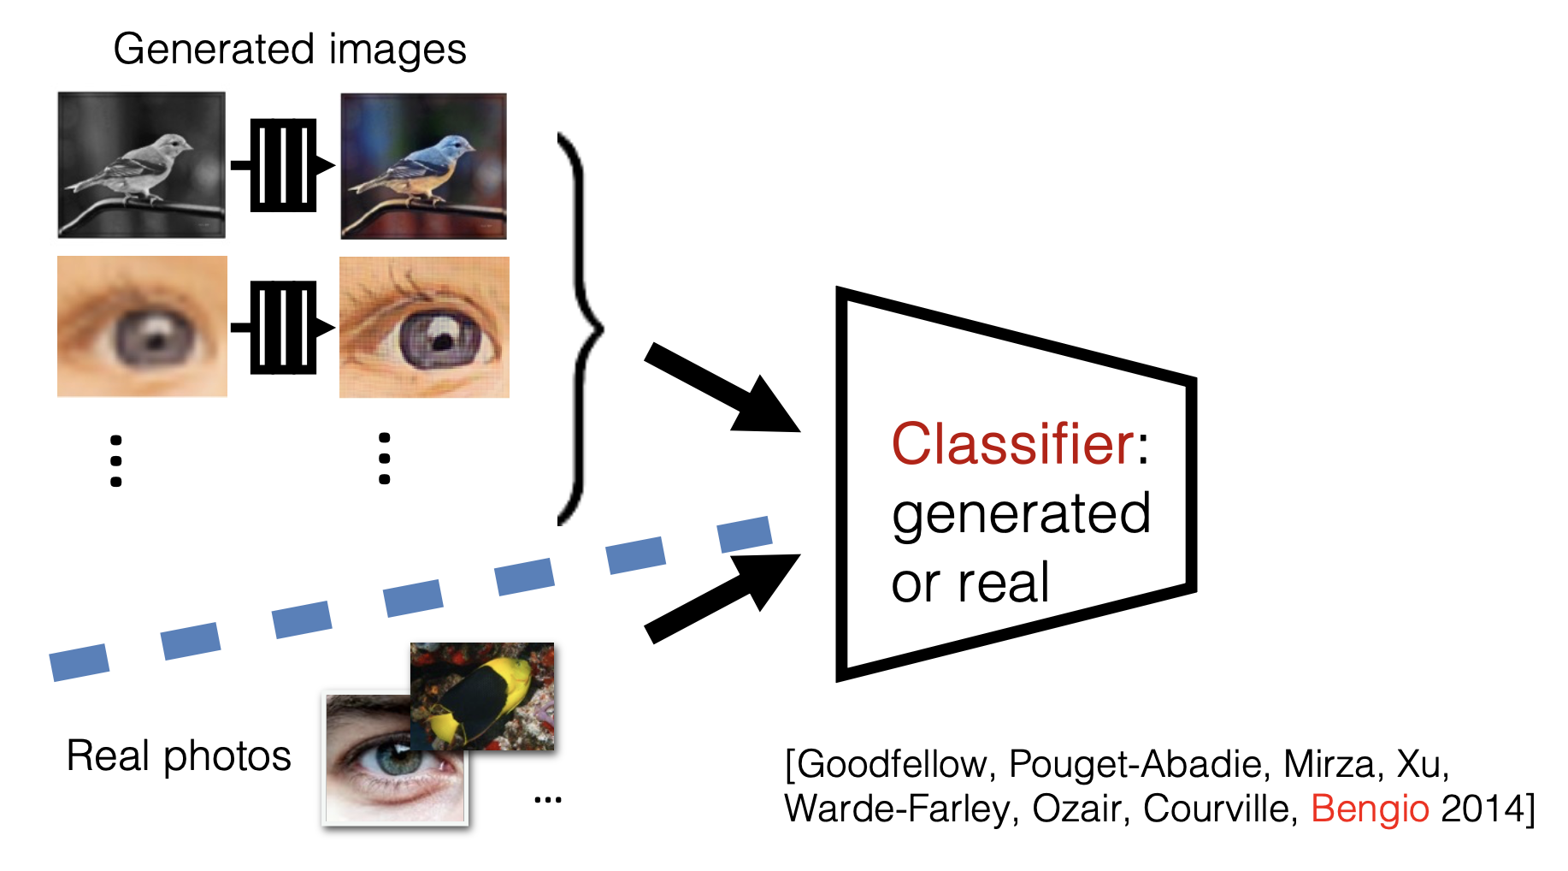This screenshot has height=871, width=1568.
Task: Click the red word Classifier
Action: click(x=1013, y=445)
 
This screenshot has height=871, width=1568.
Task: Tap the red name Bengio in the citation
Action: click(x=1370, y=809)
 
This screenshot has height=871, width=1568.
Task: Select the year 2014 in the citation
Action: click(x=1483, y=809)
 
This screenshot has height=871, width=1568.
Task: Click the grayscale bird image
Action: click(x=142, y=165)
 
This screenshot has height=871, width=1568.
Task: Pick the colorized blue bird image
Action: click(x=423, y=166)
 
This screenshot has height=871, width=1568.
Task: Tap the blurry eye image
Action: click(x=142, y=326)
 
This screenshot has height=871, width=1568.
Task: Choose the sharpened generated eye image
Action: click(x=424, y=327)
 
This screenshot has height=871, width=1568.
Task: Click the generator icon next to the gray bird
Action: click(x=283, y=165)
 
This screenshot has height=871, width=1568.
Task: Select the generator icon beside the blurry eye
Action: click(x=283, y=327)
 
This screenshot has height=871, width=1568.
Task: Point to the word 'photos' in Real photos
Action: click(x=227, y=757)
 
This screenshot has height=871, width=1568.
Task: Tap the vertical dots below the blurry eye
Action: click(x=116, y=461)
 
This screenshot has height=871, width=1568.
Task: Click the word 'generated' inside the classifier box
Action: click(x=1021, y=515)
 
